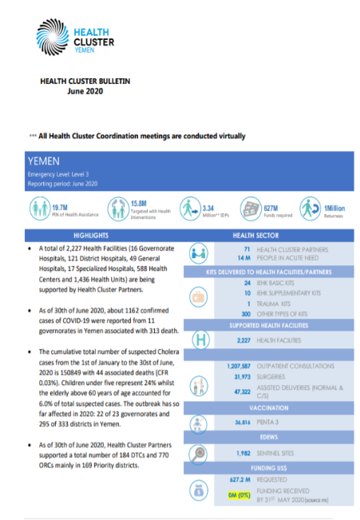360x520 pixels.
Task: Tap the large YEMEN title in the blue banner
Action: click(45, 161)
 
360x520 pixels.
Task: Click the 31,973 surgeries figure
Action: click(241, 383)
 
